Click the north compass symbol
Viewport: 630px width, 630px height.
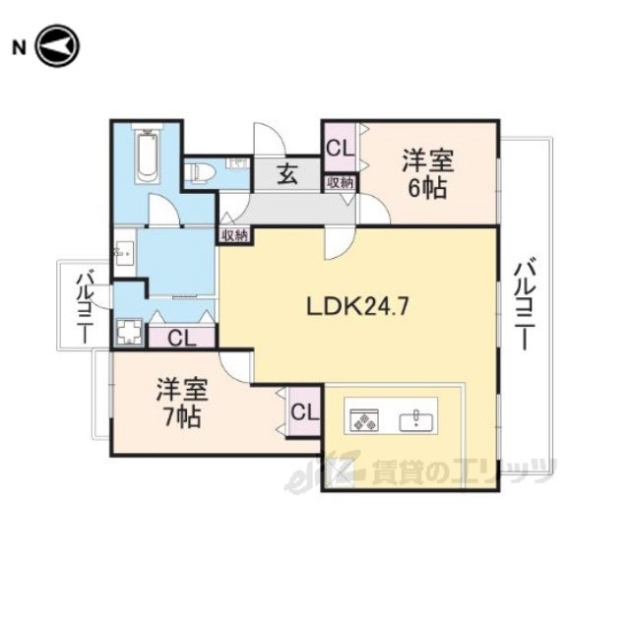click(57, 46)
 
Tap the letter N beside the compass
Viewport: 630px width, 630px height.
click(19, 48)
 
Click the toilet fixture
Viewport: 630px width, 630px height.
click(200, 172)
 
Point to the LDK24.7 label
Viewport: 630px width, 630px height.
click(357, 307)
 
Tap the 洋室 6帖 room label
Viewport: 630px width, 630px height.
click(428, 173)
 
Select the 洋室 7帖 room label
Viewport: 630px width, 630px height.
click(182, 403)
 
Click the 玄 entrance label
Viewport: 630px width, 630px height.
click(288, 174)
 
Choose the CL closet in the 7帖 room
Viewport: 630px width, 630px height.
click(304, 411)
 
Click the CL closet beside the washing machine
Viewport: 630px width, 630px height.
click(182, 338)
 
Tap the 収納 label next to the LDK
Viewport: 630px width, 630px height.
click(235, 236)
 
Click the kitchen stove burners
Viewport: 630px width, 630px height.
click(364, 420)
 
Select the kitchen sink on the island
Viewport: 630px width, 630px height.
click(415, 421)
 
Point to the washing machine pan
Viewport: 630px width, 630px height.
click(129, 332)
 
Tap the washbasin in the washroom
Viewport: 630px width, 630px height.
click(124, 253)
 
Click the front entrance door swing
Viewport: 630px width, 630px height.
click(270, 139)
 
